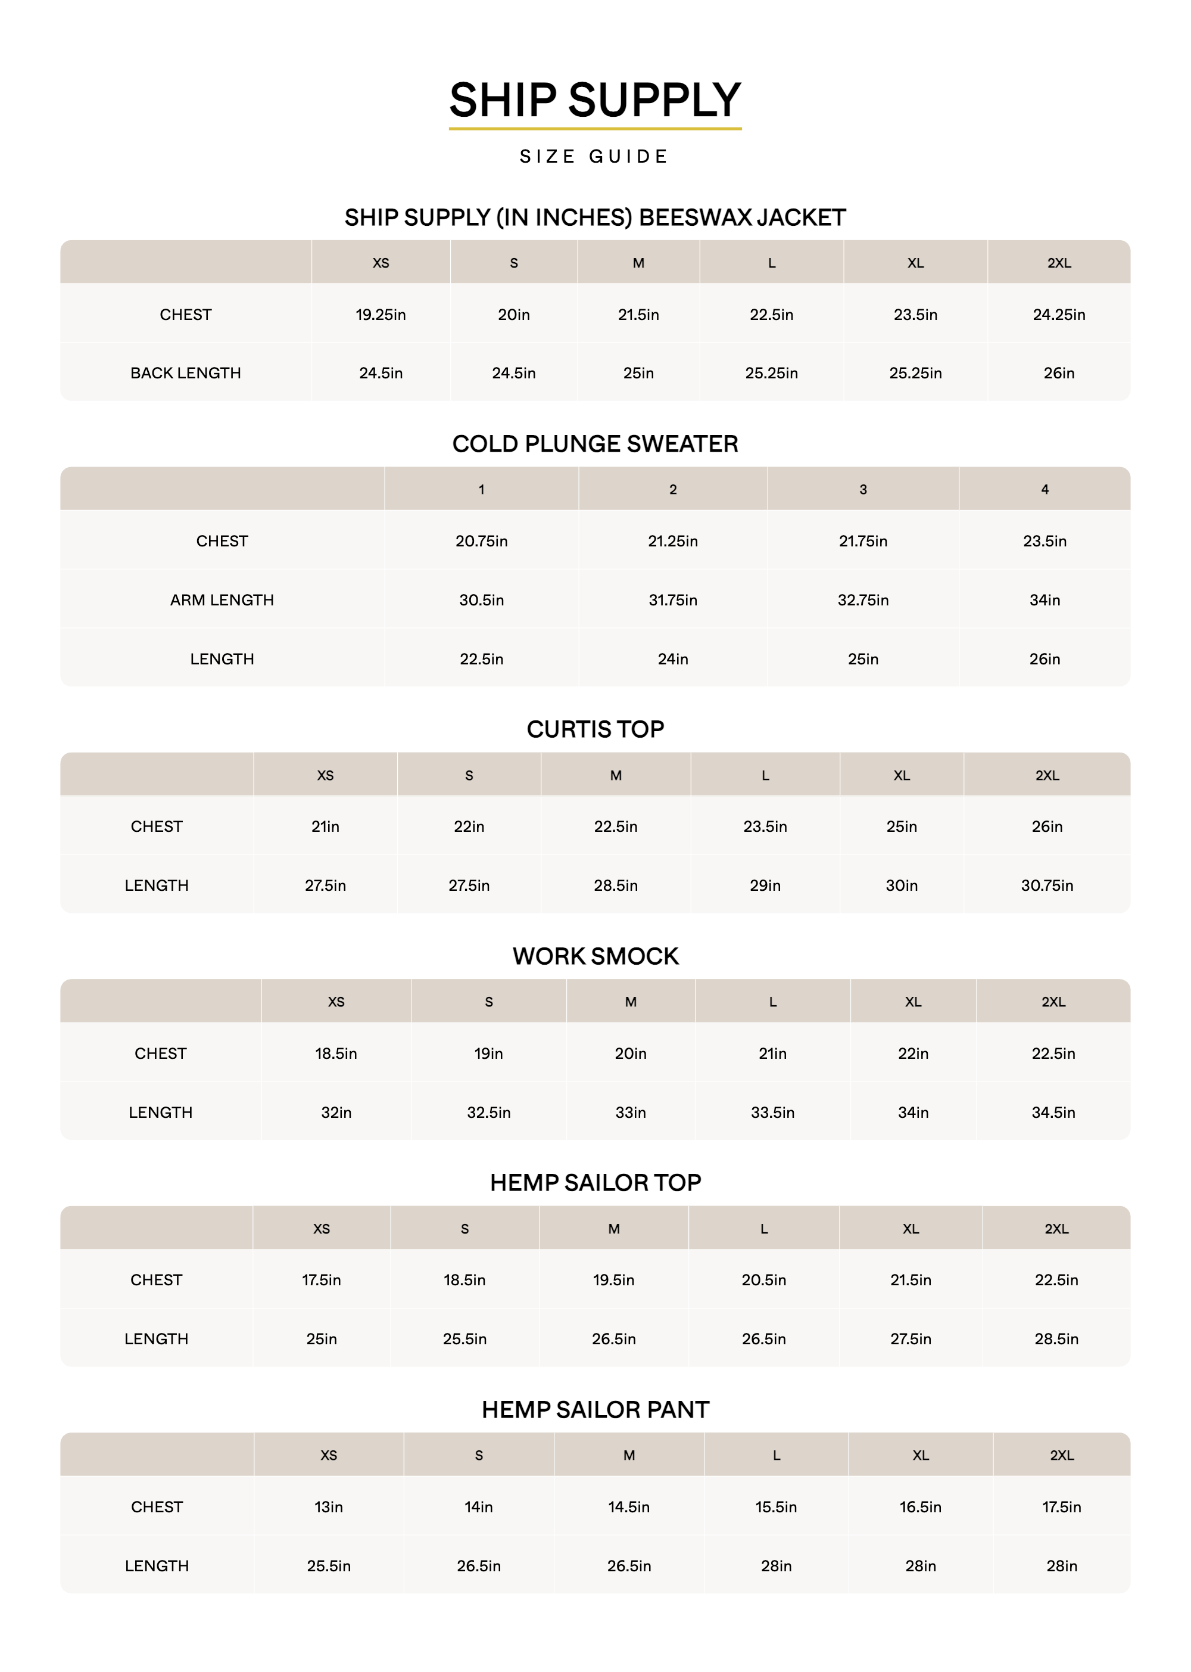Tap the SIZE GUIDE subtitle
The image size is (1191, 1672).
click(x=595, y=156)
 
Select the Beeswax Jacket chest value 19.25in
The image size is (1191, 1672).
click(x=381, y=315)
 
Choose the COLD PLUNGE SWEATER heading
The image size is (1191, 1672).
click(x=595, y=444)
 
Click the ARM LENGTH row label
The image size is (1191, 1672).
click(x=222, y=600)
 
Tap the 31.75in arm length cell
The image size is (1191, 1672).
click(x=672, y=600)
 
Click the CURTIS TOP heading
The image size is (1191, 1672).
click(x=595, y=729)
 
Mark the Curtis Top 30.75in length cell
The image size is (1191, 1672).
click(x=1046, y=885)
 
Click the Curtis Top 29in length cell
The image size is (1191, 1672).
click(x=765, y=885)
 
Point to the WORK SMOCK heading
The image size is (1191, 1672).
click(x=595, y=956)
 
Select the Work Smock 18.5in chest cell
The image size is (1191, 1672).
click(x=336, y=1053)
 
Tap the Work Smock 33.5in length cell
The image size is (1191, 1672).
click(x=772, y=1113)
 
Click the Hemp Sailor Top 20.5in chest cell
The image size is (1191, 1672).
click(x=763, y=1281)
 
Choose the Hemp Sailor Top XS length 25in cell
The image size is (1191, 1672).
click(x=321, y=1339)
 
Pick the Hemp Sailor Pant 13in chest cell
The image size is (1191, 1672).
click(x=329, y=1507)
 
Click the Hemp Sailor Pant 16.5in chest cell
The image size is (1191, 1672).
click(x=921, y=1507)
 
